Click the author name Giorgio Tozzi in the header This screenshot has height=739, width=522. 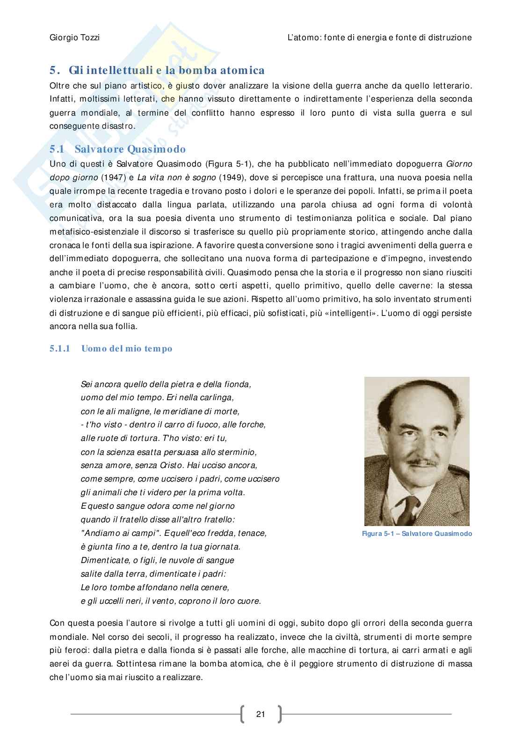74,37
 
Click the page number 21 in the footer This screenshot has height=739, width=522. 261,714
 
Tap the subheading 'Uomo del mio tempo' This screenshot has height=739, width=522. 127,349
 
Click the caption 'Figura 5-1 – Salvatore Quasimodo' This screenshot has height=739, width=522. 417,534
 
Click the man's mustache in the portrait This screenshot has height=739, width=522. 419,463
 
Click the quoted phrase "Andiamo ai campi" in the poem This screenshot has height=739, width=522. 116,533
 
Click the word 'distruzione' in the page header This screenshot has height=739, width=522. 449,37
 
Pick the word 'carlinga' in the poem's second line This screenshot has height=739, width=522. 216,398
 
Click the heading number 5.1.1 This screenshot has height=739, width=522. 59,349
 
